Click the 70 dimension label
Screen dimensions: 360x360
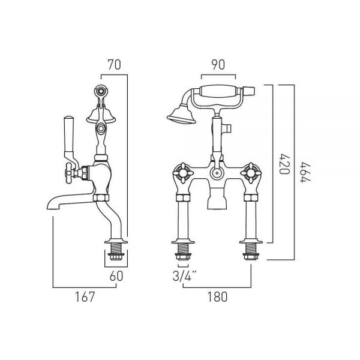115,65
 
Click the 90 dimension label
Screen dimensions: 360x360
218,65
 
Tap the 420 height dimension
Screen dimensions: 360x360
285,164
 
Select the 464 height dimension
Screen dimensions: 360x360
305,172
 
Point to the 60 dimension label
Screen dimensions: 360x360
116,276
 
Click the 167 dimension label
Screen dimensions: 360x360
85,296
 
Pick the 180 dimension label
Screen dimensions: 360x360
217,296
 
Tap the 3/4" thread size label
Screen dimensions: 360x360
185,276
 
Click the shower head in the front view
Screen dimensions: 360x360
181,115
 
